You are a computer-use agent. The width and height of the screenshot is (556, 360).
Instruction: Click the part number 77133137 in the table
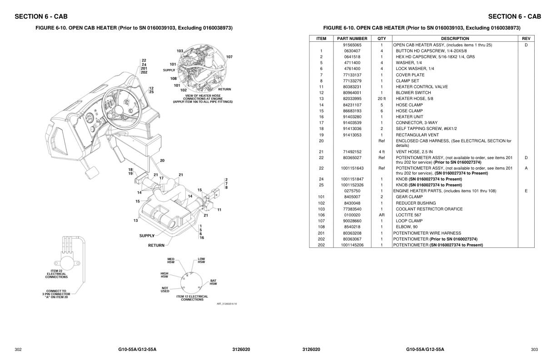pos(352,75)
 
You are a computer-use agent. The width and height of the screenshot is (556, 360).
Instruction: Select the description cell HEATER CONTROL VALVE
pos(422,87)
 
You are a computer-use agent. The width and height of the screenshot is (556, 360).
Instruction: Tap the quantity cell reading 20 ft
pos(382,99)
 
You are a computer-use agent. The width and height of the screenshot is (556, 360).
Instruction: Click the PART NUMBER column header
pos(352,39)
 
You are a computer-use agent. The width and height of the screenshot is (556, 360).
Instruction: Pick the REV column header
pos(526,39)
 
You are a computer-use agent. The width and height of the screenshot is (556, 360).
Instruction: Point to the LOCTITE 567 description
pos(408,215)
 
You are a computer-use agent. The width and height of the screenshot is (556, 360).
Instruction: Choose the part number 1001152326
pos(352,185)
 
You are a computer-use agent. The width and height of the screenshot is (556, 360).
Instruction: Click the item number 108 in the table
pos(321,227)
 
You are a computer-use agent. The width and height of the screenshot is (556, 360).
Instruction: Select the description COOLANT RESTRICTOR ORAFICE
pos(423,209)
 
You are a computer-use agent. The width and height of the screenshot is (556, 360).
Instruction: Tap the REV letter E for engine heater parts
pos(526,191)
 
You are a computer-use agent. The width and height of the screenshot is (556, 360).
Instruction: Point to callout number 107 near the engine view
pos(229,57)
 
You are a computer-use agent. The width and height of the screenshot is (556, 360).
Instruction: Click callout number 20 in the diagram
pos(162,160)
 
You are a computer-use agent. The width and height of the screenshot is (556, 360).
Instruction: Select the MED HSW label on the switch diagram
pos(171,260)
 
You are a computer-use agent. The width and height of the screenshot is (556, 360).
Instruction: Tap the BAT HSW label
pos(213,282)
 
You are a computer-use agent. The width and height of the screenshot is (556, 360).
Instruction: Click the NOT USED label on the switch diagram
pos(165,290)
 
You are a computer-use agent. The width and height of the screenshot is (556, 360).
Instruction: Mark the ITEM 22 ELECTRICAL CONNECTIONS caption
pos(56,274)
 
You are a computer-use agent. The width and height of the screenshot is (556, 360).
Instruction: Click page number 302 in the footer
pos(18,349)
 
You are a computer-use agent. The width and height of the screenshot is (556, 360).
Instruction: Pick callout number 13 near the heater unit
pos(135,220)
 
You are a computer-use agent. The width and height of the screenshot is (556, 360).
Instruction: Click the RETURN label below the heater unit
pos(156,245)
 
